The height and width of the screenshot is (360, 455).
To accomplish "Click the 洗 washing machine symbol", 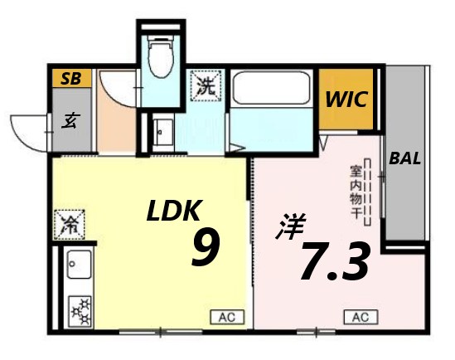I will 205,85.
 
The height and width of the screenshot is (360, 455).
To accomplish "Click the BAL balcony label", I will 405,158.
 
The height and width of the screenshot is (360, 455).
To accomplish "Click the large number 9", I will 206,248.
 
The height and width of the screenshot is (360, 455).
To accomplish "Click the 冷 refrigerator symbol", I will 69,224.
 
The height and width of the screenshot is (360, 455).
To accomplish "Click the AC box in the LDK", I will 226,316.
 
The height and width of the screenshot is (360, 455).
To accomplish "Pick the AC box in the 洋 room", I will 360,316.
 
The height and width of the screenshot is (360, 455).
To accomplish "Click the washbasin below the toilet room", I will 162,131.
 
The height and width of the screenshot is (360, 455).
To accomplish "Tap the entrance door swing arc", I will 29,124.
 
